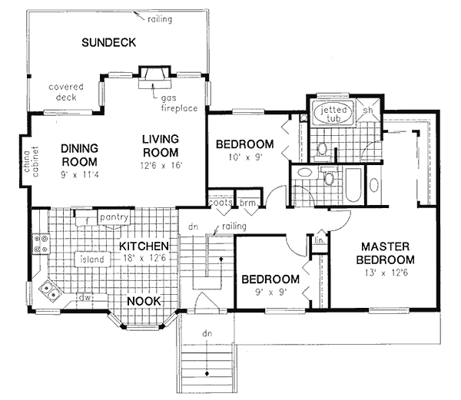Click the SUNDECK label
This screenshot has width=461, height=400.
click(x=109, y=42)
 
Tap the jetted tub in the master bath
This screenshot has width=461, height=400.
click(x=333, y=113)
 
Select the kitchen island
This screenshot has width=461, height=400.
click(x=92, y=260)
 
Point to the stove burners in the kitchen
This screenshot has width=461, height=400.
click(x=41, y=243)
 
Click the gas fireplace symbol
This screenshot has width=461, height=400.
click(x=154, y=77)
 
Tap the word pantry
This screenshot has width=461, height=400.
click(x=114, y=217)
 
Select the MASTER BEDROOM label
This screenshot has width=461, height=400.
click(x=385, y=253)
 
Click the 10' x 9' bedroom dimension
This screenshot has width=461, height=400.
click(x=245, y=157)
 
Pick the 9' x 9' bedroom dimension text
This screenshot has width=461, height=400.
click(x=270, y=293)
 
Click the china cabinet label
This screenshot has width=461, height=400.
click(x=31, y=161)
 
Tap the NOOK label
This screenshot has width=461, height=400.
click(x=144, y=301)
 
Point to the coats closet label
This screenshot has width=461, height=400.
click(x=221, y=203)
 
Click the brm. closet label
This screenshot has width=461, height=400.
click(x=247, y=203)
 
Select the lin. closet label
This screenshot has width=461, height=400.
click(x=320, y=240)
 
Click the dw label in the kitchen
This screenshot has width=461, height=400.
click(x=85, y=297)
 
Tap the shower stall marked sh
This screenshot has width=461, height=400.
click(x=368, y=111)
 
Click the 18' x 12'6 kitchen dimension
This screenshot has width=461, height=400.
click(x=144, y=258)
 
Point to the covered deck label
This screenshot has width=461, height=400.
click(x=66, y=92)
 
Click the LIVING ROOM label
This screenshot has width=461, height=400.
click(x=161, y=146)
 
